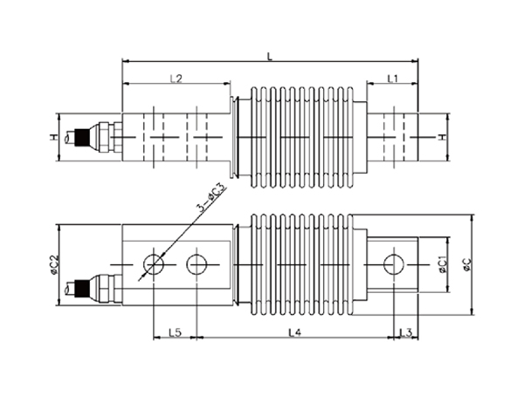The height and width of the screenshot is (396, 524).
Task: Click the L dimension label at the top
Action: [x=270, y=56]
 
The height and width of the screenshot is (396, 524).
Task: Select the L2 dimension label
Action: [x=176, y=79]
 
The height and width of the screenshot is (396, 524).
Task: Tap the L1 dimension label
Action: [x=393, y=79]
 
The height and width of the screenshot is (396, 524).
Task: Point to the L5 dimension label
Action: [x=175, y=332]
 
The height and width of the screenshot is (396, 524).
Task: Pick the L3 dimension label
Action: [x=406, y=332]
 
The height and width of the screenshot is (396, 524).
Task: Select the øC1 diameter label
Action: [x=442, y=264]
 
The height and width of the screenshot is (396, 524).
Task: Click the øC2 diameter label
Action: [x=54, y=265]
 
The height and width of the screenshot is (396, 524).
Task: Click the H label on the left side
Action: [x=54, y=137]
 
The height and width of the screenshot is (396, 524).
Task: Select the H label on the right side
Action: [x=442, y=137]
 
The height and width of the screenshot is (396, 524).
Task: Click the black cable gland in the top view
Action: [x=81, y=137]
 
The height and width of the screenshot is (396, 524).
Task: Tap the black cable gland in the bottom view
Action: [x=81, y=289]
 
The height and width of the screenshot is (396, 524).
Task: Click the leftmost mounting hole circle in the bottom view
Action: [x=154, y=264]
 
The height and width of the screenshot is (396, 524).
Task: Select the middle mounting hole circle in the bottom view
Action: [x=196, y=264]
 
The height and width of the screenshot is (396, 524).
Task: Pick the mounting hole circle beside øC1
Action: [x=394, y=264]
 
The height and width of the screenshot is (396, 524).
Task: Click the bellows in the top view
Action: [x=302, y=137]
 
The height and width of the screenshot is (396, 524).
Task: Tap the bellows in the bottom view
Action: [x=302, y=264]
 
